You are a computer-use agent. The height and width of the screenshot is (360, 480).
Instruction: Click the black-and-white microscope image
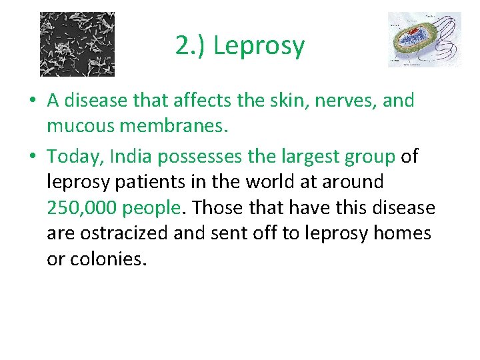(77, 44)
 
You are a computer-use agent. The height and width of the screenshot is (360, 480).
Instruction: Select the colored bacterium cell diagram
(424, 39)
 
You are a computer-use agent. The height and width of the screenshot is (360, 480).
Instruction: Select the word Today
(75, 156)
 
